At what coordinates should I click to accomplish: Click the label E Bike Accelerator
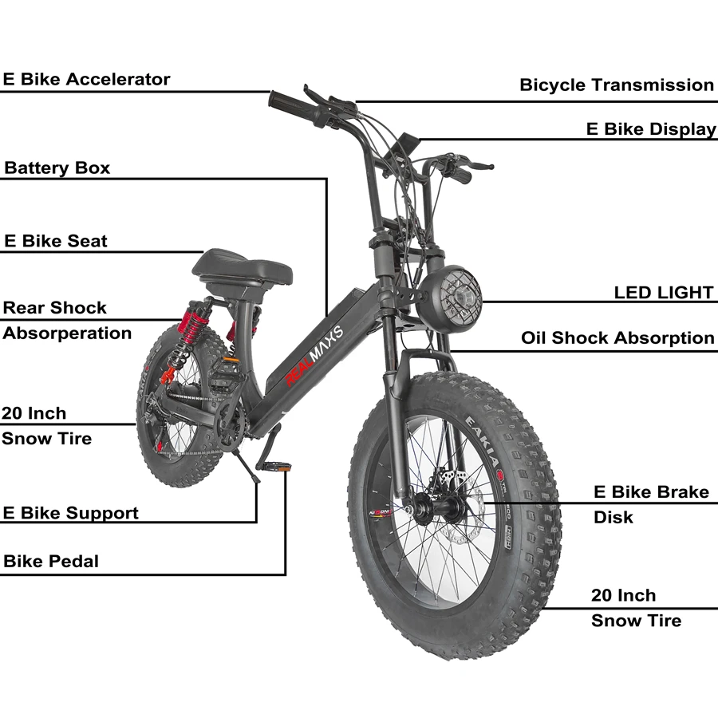coord(86,80)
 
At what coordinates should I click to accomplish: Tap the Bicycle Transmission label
coord(617,85)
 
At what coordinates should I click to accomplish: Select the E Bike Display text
coord(651,129)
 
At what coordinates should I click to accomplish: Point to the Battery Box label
coord(57,168)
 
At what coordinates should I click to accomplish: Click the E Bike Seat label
coord(56,241)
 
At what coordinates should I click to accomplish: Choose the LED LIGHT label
coord(663,293)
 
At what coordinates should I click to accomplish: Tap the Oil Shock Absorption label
coord(617,338)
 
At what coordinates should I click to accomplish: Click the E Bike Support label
coord(70,513)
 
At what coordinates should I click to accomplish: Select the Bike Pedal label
coord(51,561)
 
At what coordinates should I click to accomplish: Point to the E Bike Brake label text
coord(651,492)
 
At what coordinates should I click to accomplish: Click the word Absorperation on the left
coord(67,333)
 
